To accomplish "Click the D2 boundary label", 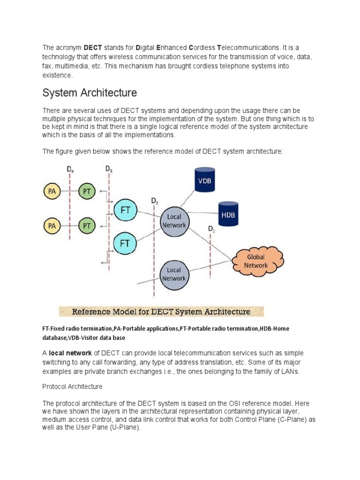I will point(154,201).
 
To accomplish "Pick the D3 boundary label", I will point(108,169).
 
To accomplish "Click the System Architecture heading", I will point(90,93).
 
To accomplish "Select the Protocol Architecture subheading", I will point(72,387).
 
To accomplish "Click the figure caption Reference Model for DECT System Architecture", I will point(161,312).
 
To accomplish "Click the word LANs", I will point(287,372).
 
